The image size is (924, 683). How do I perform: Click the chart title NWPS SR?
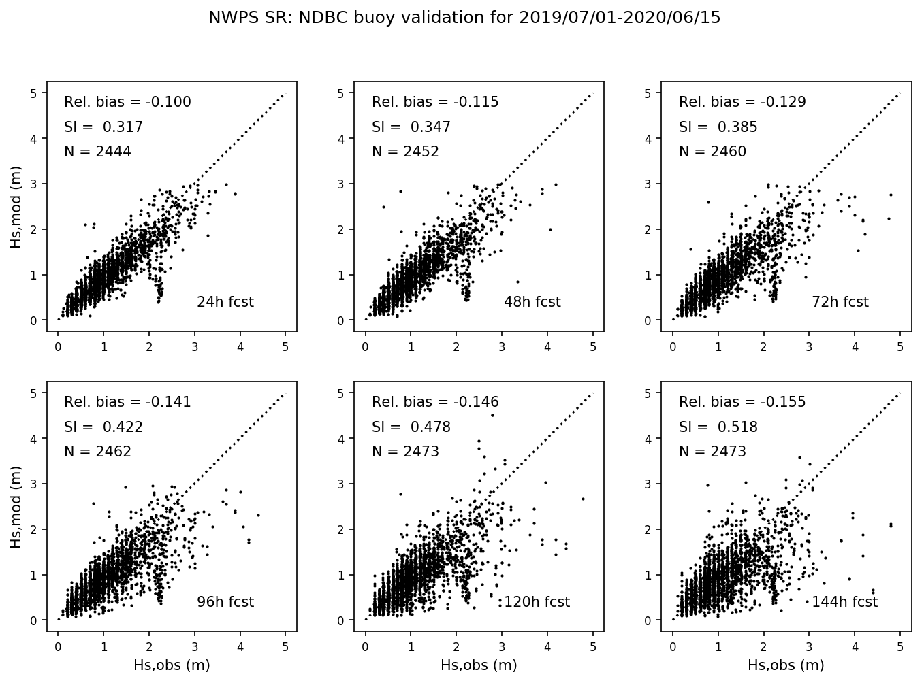tap(464, 18)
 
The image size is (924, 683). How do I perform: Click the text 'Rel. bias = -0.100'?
tap(127, 102)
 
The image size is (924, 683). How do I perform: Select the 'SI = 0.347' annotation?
tap(411, 127)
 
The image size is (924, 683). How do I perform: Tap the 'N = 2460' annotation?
tap(712, 152)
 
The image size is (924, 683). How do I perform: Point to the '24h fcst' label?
tap(225, 302)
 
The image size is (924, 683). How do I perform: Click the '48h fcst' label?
tap(532, 302)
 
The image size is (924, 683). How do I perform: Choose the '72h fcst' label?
tap(840, 302)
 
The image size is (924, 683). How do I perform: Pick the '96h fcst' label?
tap(225, 602)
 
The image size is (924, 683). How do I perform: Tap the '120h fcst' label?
tap(537, 602)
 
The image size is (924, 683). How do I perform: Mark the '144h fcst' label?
tap(844, 602)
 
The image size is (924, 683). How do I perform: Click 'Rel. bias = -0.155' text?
tap(742, 402)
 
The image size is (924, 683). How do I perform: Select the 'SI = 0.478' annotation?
tap(411, 427)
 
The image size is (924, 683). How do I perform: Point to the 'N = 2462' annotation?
tap(97, 452)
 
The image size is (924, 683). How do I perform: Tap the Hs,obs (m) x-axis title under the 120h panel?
tap(479, 665)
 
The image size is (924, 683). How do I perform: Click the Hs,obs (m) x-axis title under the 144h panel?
tap(786, 665)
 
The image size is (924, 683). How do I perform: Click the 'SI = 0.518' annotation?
tap(718, 427)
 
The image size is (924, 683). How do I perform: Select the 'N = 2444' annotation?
tap(97, 152)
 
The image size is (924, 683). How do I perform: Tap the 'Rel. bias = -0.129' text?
tap(742, 102)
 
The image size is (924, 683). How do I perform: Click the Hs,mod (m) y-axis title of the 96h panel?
tap(16, 507)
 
